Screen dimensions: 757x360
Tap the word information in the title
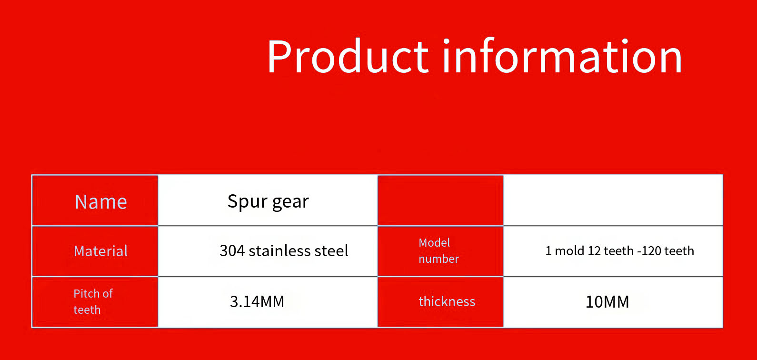pos(562,56)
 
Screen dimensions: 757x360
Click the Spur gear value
pos(268,202)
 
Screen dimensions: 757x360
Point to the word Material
pos(101,251)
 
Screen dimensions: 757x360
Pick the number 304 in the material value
pos(232,251)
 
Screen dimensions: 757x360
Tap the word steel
pos(331,250)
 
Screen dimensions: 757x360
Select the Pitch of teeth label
pos(93,301)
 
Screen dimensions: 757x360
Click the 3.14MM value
pos(257,301)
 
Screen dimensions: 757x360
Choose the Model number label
pos(438,250)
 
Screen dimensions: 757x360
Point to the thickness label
pos(447,301)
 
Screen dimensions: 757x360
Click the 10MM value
pos(607,302)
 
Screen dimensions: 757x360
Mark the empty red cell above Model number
pos(440,200)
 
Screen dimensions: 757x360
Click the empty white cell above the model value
pos(613,200)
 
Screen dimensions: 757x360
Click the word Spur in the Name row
pos(248,202)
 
